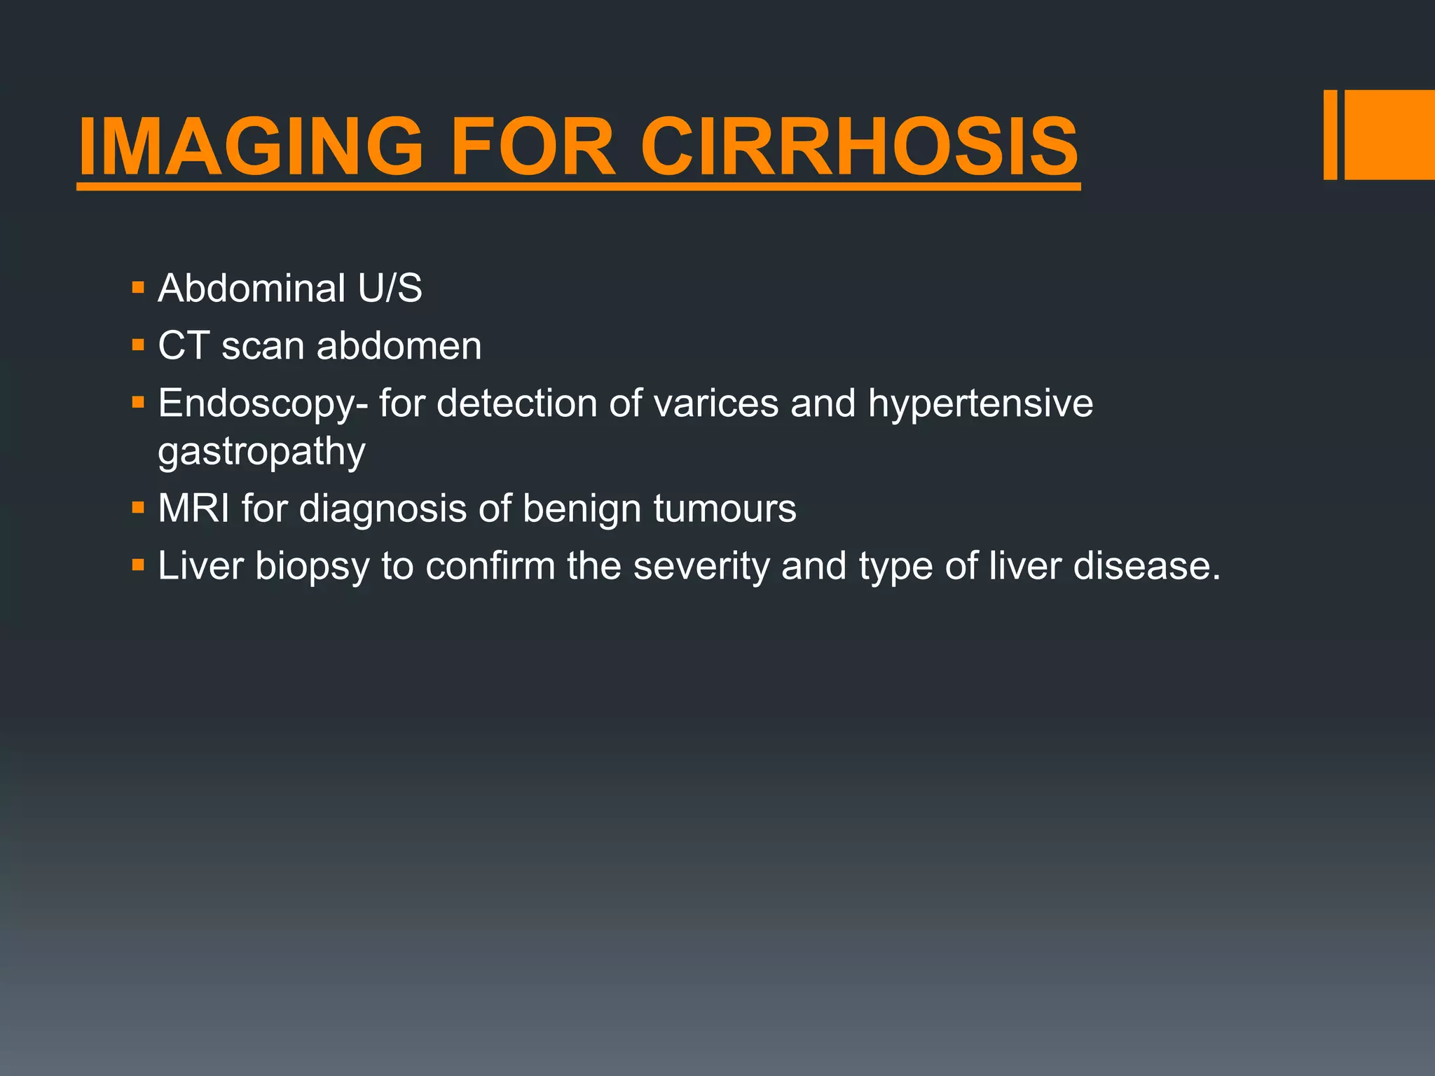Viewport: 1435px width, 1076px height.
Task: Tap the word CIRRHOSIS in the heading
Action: (x=859, y=147)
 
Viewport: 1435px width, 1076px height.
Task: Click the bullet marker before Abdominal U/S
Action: (x=138, y=287)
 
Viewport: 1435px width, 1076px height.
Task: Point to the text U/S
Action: (x=390, y=288)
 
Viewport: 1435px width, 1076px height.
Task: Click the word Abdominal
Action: (x=252, y=288)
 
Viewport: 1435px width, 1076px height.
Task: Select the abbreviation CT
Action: (x=183, y=345)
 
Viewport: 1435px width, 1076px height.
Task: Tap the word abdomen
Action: (x=399, y=345)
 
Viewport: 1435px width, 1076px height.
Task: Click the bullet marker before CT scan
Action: (x=138, y=345)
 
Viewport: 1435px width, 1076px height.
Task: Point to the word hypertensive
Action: (x=980, y=405)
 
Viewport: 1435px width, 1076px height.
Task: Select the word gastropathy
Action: (x=261, y=452)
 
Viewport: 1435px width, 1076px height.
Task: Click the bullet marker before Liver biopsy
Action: (x=138, y=565)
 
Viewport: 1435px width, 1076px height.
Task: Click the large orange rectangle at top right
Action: (x=1389, y=134)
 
